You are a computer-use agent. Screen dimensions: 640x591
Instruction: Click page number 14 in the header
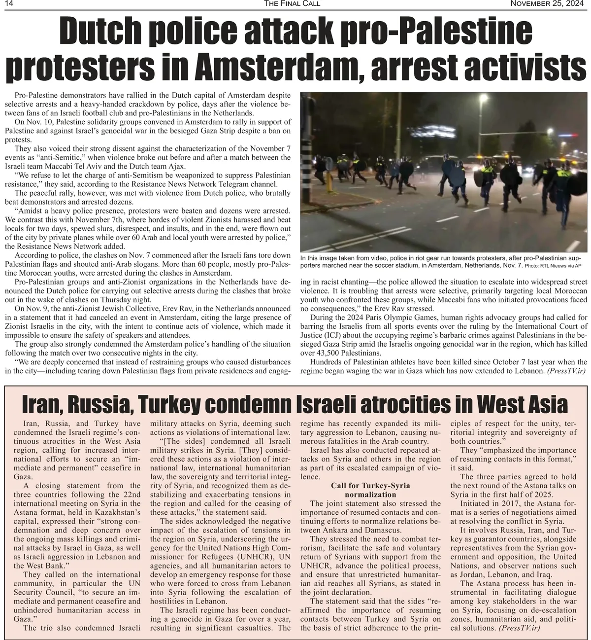[x=8, y=4]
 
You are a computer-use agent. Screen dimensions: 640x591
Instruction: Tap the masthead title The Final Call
[x=292, y=4]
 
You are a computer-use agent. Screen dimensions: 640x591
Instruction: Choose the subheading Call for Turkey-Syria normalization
[x=370, y=490]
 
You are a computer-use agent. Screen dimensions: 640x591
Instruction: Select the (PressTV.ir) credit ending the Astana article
[x=520, y=628]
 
